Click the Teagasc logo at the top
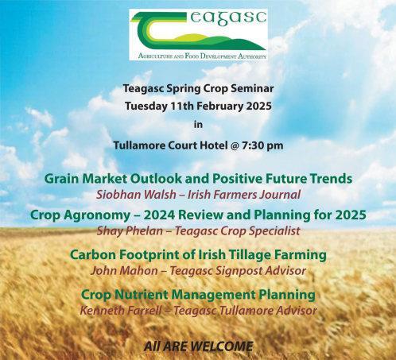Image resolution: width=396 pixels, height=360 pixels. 198,35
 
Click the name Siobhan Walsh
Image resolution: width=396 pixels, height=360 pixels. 136,195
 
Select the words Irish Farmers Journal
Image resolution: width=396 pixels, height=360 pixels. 244,195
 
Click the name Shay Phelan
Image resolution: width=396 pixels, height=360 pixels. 130,230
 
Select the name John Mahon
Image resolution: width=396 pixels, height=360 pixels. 124,271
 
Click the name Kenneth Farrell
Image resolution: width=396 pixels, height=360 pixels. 121,311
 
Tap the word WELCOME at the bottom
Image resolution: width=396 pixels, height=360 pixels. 222,346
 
